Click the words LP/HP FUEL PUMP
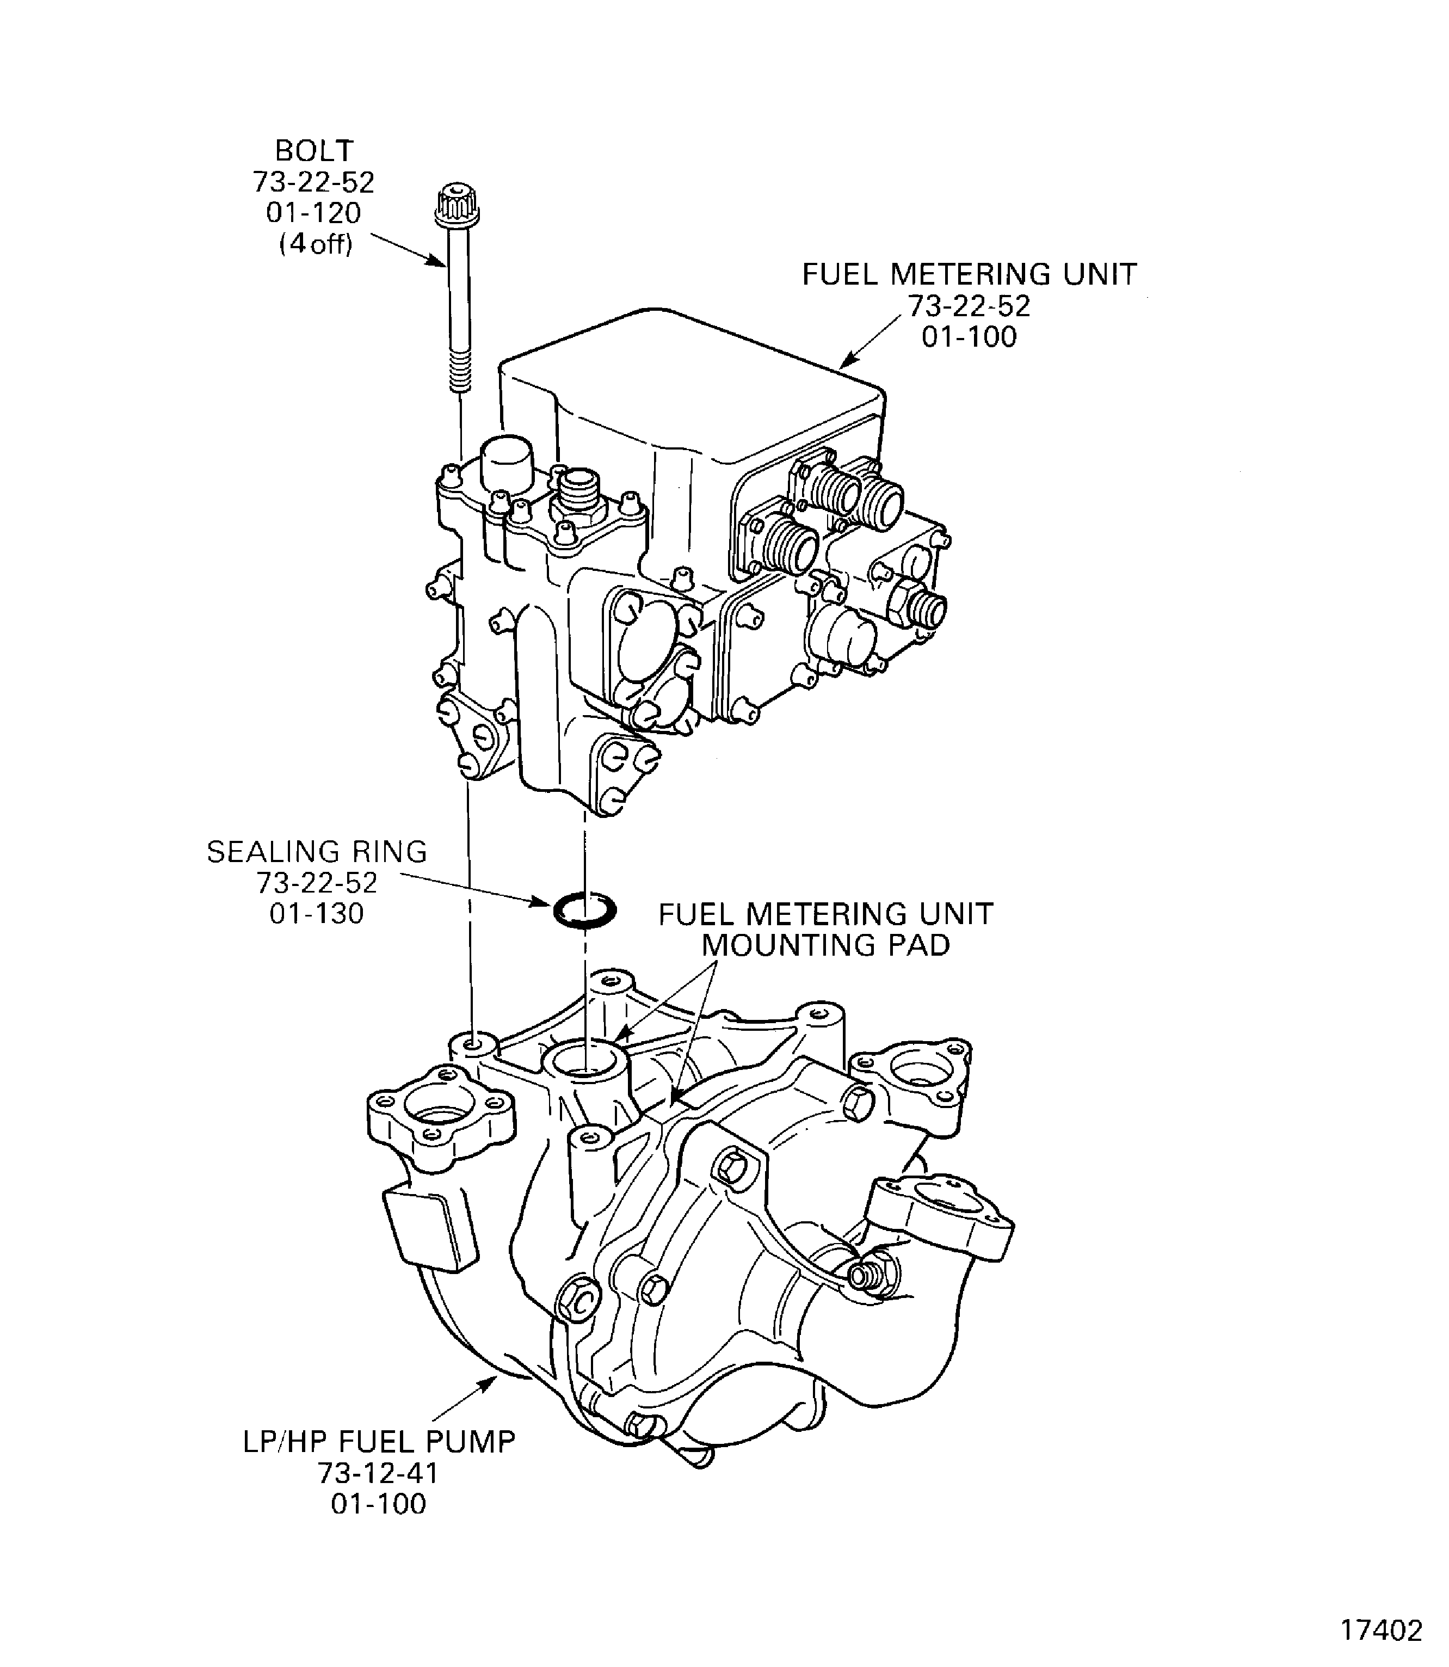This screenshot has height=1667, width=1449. coord(379,1441)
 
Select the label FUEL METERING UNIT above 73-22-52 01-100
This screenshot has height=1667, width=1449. coord(969,275)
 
